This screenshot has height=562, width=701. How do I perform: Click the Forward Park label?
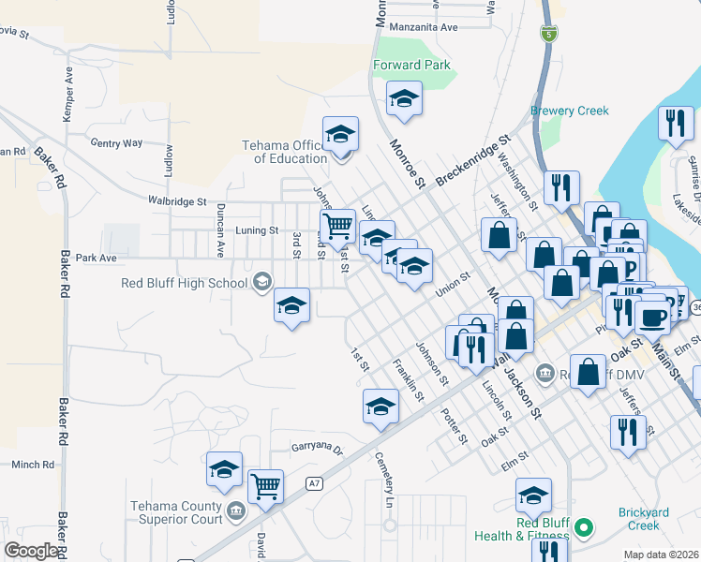coord(410,66)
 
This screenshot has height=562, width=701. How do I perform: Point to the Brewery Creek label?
coord(570,111)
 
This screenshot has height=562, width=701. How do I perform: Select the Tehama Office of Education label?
coord(284,152)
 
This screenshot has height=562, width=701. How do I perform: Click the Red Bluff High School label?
coord(184,283)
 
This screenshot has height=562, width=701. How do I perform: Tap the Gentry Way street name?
coord(116,143)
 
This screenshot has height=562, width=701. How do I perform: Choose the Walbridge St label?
coord(176,200)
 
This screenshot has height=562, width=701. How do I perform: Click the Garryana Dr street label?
coord(317,448)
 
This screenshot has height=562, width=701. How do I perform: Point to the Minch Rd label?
coord(33,465)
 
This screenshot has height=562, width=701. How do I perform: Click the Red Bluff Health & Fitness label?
coord(544,529)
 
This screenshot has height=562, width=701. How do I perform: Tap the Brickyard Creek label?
coord(653,518)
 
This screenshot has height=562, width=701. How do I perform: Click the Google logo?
coord(32,551)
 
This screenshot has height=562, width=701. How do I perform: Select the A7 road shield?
coord(315,482)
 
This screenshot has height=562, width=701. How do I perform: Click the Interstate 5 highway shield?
coord(547,34)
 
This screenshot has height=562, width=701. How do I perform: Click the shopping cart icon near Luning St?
coord(337,224)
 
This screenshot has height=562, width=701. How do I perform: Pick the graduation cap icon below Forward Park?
coord(404,99)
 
